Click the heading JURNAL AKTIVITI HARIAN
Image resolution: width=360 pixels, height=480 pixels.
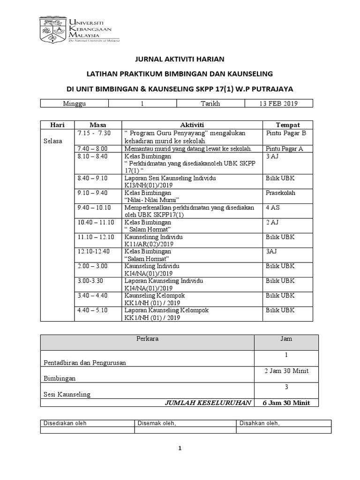[x=180, y=59]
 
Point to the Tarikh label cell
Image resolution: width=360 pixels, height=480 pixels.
[x=210, y=104]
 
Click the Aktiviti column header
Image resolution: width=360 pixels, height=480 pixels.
[x=192, y=125]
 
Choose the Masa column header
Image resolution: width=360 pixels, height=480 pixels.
[x=97, y=125]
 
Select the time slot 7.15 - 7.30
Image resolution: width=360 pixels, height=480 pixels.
[x=93, y=133]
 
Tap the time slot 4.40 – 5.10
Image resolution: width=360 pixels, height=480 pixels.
[x=93, y=311]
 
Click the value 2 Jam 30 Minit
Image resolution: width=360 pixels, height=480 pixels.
[x=286, y=371]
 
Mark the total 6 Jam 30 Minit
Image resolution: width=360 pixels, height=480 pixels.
[x=286, y=403]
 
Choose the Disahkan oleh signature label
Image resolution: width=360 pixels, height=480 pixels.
[x=260, y=423]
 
